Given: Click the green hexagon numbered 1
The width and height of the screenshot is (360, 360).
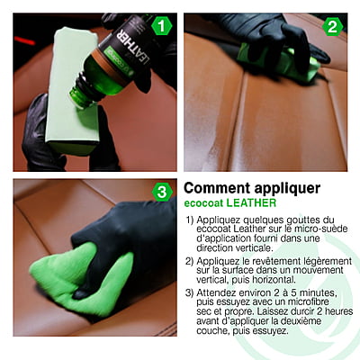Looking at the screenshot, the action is point(162,26).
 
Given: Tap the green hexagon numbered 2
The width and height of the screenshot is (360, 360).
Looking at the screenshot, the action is point(332,27).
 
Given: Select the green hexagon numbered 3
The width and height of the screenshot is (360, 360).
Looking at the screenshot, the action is point(162,192).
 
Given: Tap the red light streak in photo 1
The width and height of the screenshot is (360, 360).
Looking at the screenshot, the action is point(24,40).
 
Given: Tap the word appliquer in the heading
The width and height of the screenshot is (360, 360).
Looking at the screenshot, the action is point(287,189).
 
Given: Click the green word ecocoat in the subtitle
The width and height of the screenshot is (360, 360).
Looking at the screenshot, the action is point(203,203).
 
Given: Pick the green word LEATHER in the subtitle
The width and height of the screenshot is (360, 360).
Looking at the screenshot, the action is point(251,203).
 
